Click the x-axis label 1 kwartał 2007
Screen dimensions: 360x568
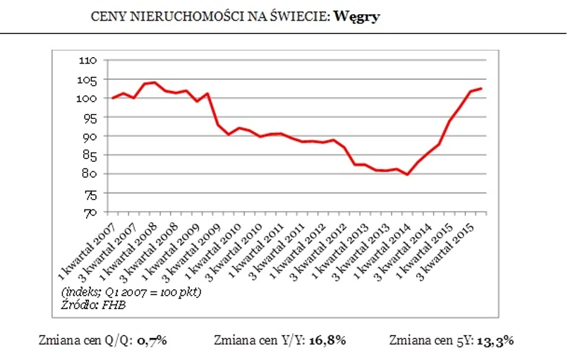click(x=87, y=244)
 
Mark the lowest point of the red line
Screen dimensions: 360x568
click(x=407, y=174)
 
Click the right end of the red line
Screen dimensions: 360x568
click(x=481, y=88)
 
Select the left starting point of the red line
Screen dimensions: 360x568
click(x=112, y=98)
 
